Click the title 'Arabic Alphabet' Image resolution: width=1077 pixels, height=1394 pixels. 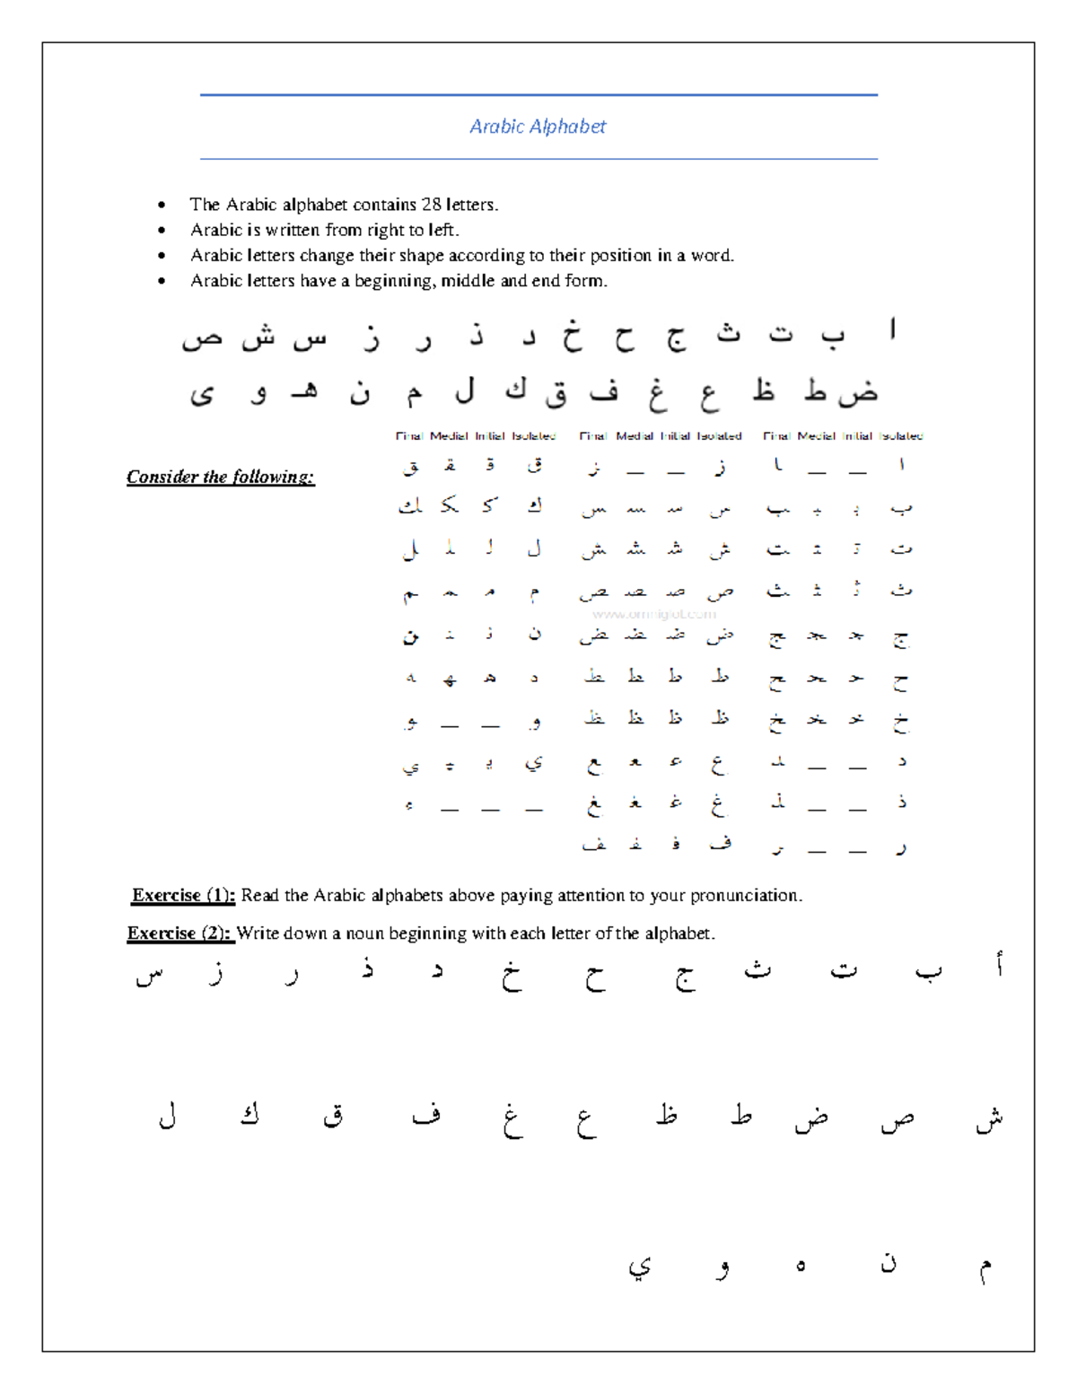[538, 127]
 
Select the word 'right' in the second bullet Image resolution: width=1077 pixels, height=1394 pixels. [385, 230]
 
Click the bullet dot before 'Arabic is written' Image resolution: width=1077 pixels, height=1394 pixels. [162, 231]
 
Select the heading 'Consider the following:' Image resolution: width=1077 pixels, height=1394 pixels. [220, 477]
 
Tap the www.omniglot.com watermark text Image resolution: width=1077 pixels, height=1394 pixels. [654, 614]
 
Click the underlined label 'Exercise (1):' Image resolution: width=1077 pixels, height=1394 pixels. [183, 895]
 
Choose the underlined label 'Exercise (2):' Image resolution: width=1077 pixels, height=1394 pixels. [179, 934]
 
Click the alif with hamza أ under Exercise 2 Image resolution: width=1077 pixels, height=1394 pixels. [998, 966]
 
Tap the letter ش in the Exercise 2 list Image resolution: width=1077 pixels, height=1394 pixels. [989, 1118]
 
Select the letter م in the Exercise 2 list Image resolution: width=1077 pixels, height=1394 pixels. [985, 1268]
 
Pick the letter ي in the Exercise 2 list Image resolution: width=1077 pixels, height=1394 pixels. [639, 1267]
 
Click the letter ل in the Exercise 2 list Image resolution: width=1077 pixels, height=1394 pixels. [167, 1117]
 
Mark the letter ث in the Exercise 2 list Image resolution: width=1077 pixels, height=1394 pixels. [757, 970]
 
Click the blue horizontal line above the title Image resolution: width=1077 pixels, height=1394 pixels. [538, 94]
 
